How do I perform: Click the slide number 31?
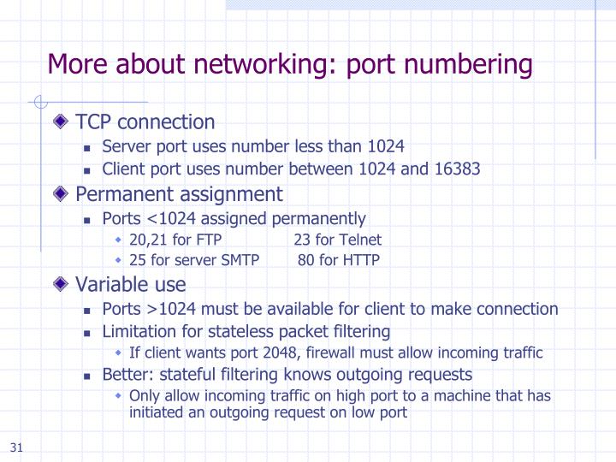click(x=17, y=448)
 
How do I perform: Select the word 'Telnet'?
click(x=360, y=240)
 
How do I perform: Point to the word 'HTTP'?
click(x=361, y=260)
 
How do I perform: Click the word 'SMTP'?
click(x=240, y=260)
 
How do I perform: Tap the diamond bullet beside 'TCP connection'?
click(x=62, y=122)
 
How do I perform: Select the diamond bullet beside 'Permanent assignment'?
click(x=62, y=194)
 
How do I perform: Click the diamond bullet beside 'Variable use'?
click(x=62, y=284)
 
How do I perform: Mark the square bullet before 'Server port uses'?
click(x=87, y=146)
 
